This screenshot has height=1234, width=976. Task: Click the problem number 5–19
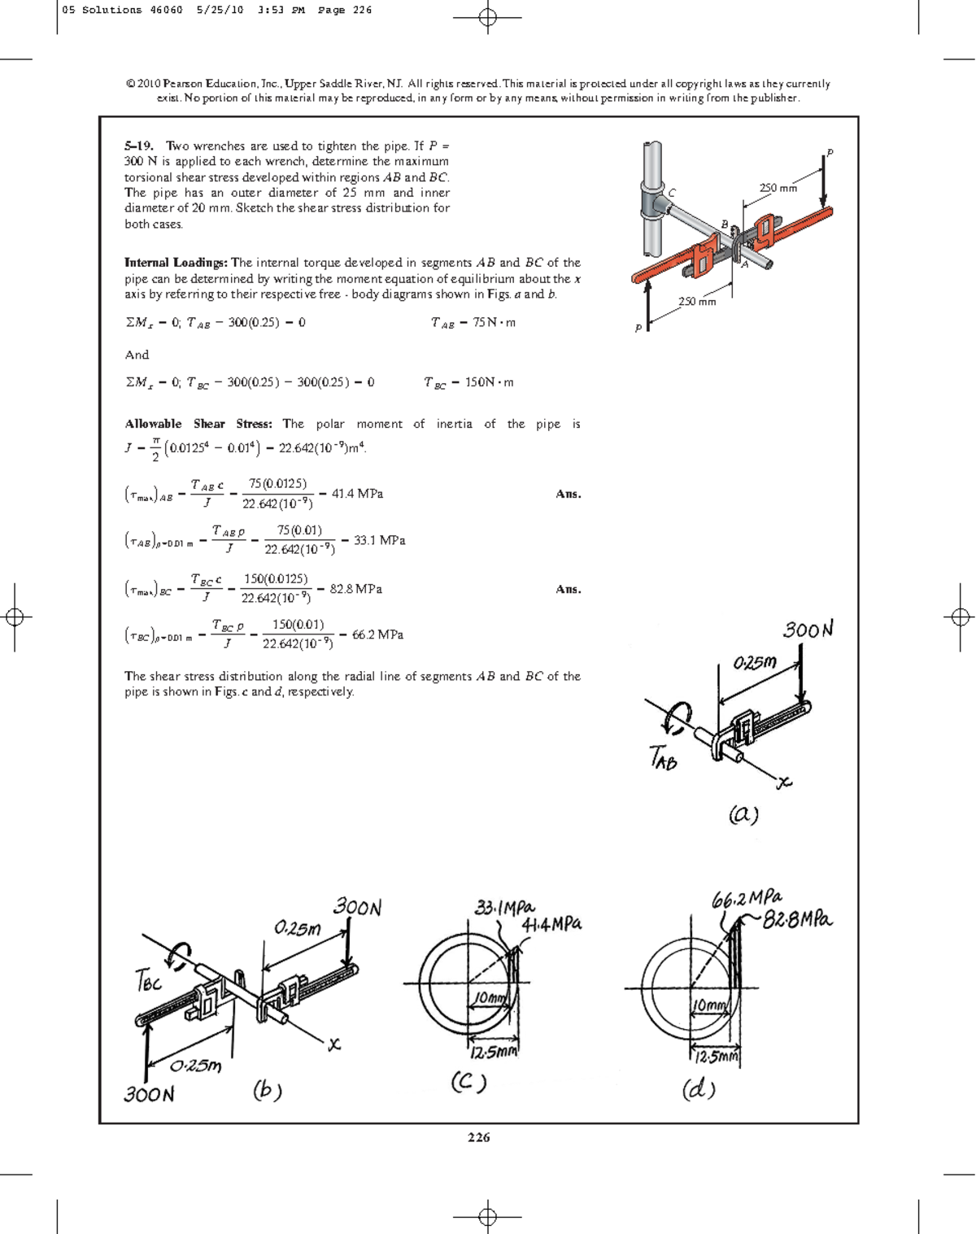pos(138,146)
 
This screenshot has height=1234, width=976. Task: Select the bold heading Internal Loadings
pos(176,263)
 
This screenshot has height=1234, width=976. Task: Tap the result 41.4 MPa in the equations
pos(357,494)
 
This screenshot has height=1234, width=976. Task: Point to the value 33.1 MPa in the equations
pos(379,540)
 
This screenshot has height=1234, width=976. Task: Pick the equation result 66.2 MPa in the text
pos(377,634)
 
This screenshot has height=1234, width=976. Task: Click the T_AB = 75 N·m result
pos(473,323)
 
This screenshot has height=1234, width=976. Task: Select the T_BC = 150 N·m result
pos(468,382)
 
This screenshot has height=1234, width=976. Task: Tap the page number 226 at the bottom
pos(478,1137)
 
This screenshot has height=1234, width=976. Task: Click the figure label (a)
pos(743,814)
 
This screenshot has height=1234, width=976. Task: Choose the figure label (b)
pos(267,1090)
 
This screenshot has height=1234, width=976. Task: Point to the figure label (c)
pos(468,1083)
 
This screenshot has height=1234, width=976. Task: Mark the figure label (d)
pos(699,1089)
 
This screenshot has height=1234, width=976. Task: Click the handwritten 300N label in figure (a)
pos(808,630)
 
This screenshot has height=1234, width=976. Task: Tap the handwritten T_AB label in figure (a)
pos(663,758)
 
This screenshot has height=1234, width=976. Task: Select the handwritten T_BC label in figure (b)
pos(149,982)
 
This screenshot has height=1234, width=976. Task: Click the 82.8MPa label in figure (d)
pos(797,920)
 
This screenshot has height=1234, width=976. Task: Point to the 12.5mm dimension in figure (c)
pos(493,1052)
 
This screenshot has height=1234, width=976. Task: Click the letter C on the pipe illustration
pos(672,193)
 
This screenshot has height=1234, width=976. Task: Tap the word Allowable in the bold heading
pos(153,424)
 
